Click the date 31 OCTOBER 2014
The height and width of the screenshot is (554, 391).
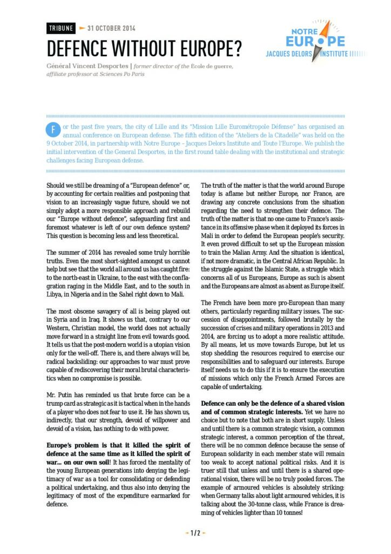coord(111,29)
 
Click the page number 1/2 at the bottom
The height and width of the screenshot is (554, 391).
coord(195,533)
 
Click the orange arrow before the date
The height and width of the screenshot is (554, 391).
coord(82,28)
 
